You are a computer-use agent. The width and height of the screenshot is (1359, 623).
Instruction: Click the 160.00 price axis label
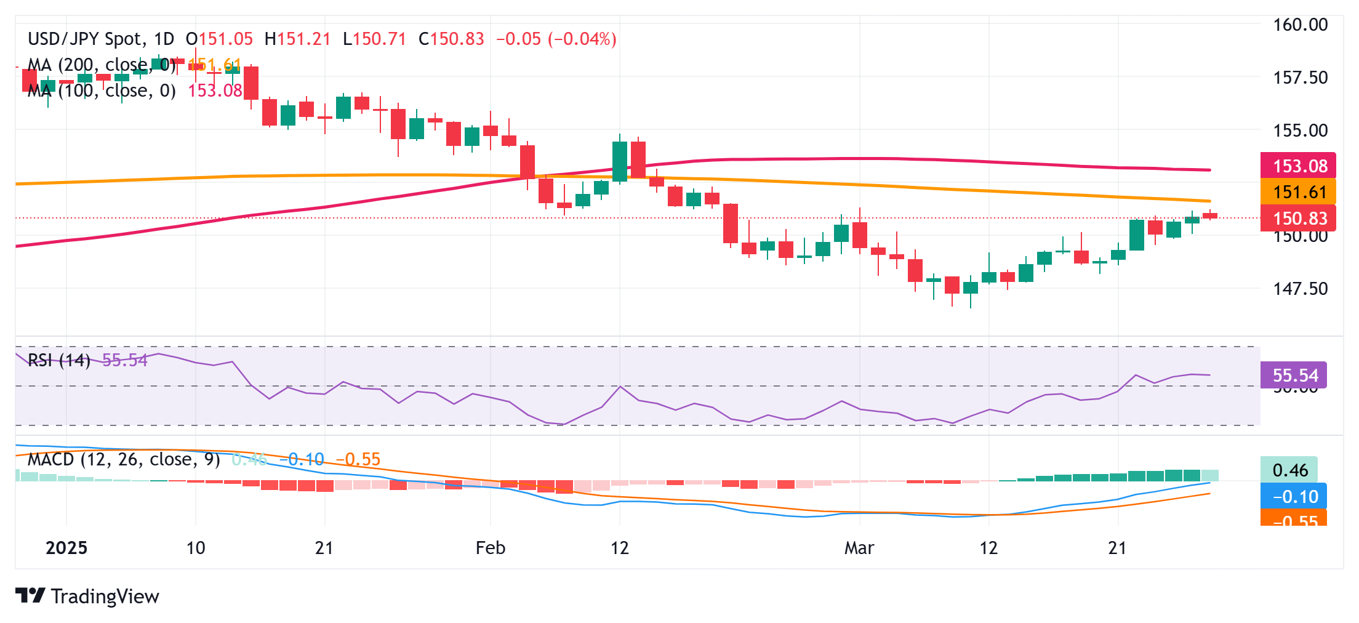click(x=1300, y=25)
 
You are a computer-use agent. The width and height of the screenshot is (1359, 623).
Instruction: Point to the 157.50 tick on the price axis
click(x=1300, y=78)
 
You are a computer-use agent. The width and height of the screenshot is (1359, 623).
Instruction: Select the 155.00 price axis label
click(x=1300, y=131)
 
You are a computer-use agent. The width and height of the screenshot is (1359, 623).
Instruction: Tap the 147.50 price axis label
click(x=1300, y=289)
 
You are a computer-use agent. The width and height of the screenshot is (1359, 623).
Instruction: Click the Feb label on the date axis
click(x=490, y=548)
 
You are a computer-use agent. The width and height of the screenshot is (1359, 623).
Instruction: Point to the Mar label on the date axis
click(x=859, y=548)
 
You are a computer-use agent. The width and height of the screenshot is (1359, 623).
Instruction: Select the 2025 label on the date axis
click(x=66, y=548)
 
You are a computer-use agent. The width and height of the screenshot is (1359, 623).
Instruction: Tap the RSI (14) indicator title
click(x=59, y=360)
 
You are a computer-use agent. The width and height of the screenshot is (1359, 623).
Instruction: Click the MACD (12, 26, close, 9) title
click(x=124, y=459)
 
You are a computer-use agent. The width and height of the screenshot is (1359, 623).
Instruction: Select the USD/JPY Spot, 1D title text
click(x=101, y=39)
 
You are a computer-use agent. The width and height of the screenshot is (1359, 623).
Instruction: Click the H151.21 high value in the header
click(x=297, y=39)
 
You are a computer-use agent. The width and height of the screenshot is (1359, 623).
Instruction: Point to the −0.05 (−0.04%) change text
click(x=556, y=39)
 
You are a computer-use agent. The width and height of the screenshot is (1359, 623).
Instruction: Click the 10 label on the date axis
click(x=196, y=548)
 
